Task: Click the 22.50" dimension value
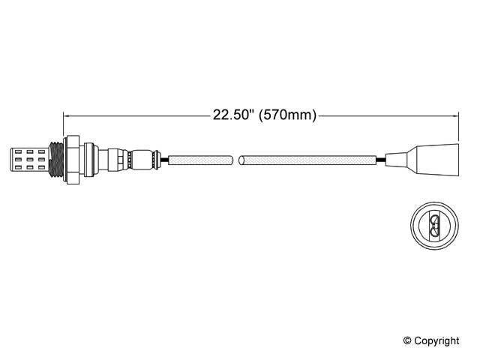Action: point(234,115)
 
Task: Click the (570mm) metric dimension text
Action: point(287,115)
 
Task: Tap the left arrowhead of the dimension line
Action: point(67,115)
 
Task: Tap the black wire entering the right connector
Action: point(381,159)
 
